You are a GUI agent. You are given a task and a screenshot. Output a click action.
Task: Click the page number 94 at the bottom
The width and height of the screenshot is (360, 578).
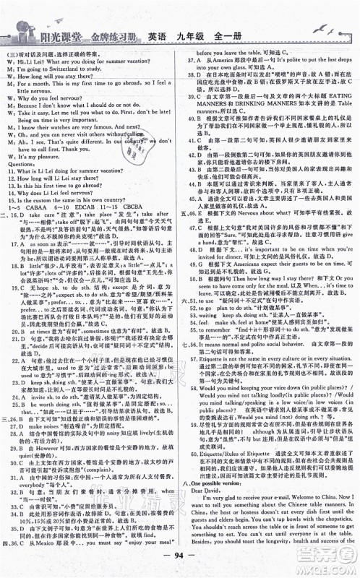pyautogui.click(x=181, y=562)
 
